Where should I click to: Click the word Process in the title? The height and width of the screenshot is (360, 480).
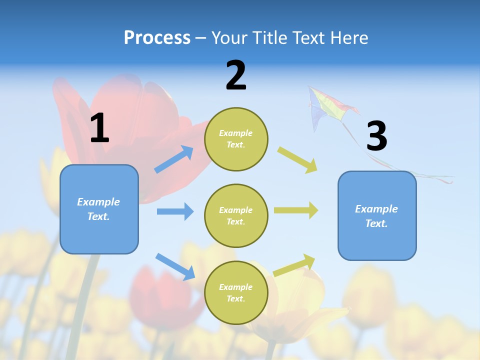(x=157, y=38)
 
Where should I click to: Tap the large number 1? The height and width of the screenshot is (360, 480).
(x=99, y=128)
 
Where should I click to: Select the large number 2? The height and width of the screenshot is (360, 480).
(x=236, y=75)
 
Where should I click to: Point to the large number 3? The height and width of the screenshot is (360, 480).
(x=376, y=136)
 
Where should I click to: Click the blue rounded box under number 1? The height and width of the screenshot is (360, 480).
(x=99, y=209)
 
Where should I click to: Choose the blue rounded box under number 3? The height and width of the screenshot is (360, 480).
(x=377, y=216)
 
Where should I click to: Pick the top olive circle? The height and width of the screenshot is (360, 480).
(x=236, y=139)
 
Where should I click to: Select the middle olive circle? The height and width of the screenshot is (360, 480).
(x=236, y=216)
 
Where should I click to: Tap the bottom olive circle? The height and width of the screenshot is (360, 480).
(x=236, y=293)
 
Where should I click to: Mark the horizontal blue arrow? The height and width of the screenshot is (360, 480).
(x=175, y=211)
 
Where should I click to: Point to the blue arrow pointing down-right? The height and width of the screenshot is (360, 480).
(x=175, y=266)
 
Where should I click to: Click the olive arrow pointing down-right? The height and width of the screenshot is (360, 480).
(x=297, y=159)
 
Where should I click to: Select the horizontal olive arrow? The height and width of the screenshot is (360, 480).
(x=296, y=210)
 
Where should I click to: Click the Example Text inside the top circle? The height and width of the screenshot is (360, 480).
(x=236, y=139)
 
